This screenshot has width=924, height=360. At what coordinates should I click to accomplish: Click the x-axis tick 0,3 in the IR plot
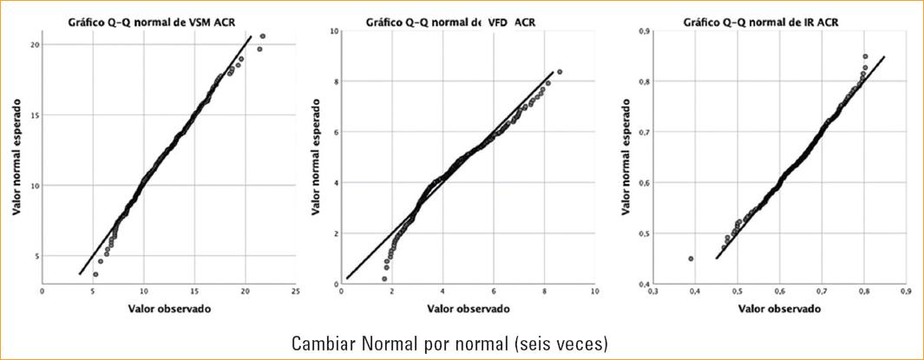click(x=652, y=292)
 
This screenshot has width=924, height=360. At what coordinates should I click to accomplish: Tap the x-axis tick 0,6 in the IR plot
click(x=779, y=292)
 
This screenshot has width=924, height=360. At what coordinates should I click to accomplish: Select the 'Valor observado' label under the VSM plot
click(x=169, y=308)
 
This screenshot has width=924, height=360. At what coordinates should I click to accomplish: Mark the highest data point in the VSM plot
click(x=263, y=36)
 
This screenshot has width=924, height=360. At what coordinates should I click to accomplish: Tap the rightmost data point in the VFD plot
click(x=560, y=72)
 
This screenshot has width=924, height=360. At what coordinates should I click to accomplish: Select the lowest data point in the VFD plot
click(x=384, y=278)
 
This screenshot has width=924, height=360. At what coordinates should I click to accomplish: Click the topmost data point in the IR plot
click(x=865, y=56)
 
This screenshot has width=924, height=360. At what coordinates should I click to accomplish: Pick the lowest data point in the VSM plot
click(x=95, y=274)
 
